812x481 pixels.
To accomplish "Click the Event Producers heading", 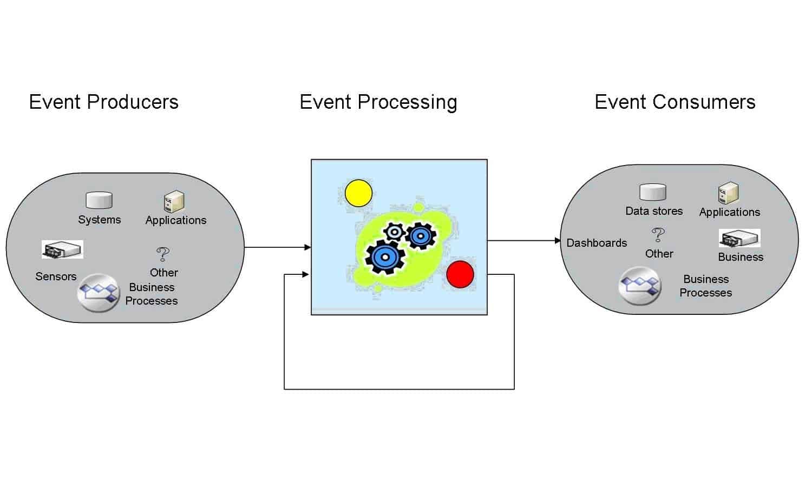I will click(103, 102).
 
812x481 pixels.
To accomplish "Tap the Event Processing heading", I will click(378, 102).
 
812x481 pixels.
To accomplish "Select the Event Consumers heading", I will click(675, 102).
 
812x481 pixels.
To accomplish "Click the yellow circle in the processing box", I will click(358, 193).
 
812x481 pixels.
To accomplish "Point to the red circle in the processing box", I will click(460, 274).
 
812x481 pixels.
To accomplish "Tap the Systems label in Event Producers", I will click(99, 220).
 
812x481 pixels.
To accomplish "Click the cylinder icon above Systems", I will click(99, 200).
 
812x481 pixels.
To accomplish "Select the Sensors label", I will click(56, 276).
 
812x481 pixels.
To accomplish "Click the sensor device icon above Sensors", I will click(62, 250).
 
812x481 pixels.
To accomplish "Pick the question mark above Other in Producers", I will click(162, 254).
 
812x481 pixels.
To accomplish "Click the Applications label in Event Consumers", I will click(729, 212).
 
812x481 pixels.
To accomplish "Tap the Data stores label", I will click(654, 211).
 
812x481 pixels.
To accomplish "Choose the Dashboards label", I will click(597, 243).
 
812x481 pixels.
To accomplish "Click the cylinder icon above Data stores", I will click(653, 192).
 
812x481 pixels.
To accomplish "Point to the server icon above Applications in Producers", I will click(174, 201).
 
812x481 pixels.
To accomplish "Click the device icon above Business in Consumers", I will click(739, 238).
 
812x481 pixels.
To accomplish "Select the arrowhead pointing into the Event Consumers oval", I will click(558, 240).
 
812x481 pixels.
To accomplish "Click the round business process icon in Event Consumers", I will click(640, 286).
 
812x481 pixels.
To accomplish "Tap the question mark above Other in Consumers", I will click(658, 235).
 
